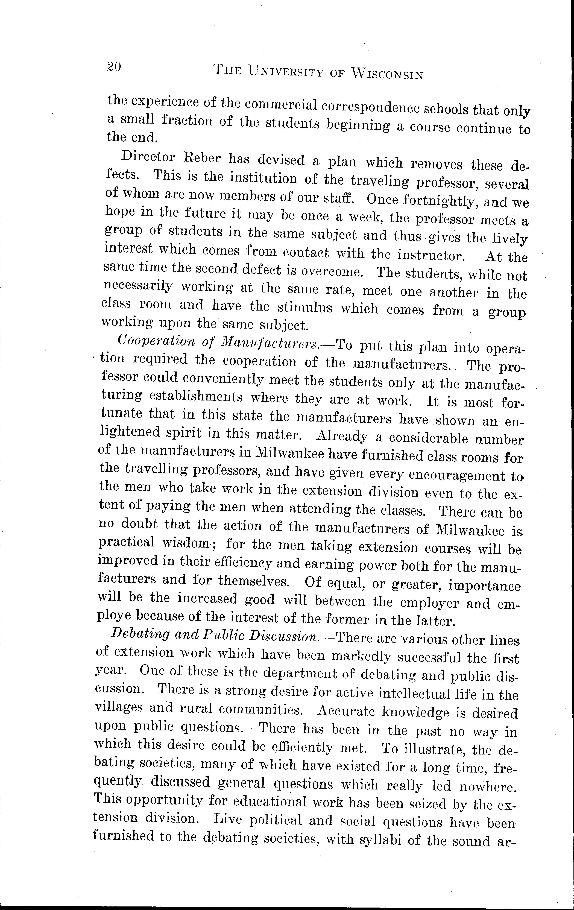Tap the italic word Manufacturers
[x=270, y=343]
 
